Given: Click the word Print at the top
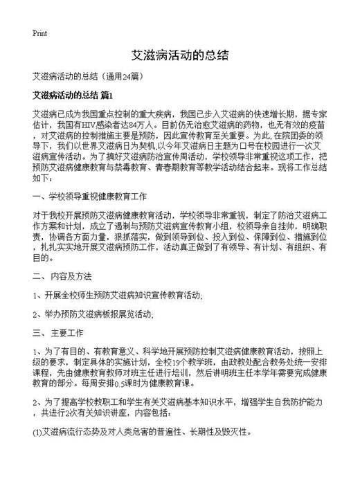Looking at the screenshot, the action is click(x=39, y=33).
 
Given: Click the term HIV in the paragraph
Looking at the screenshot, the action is click(x=92, y=125).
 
